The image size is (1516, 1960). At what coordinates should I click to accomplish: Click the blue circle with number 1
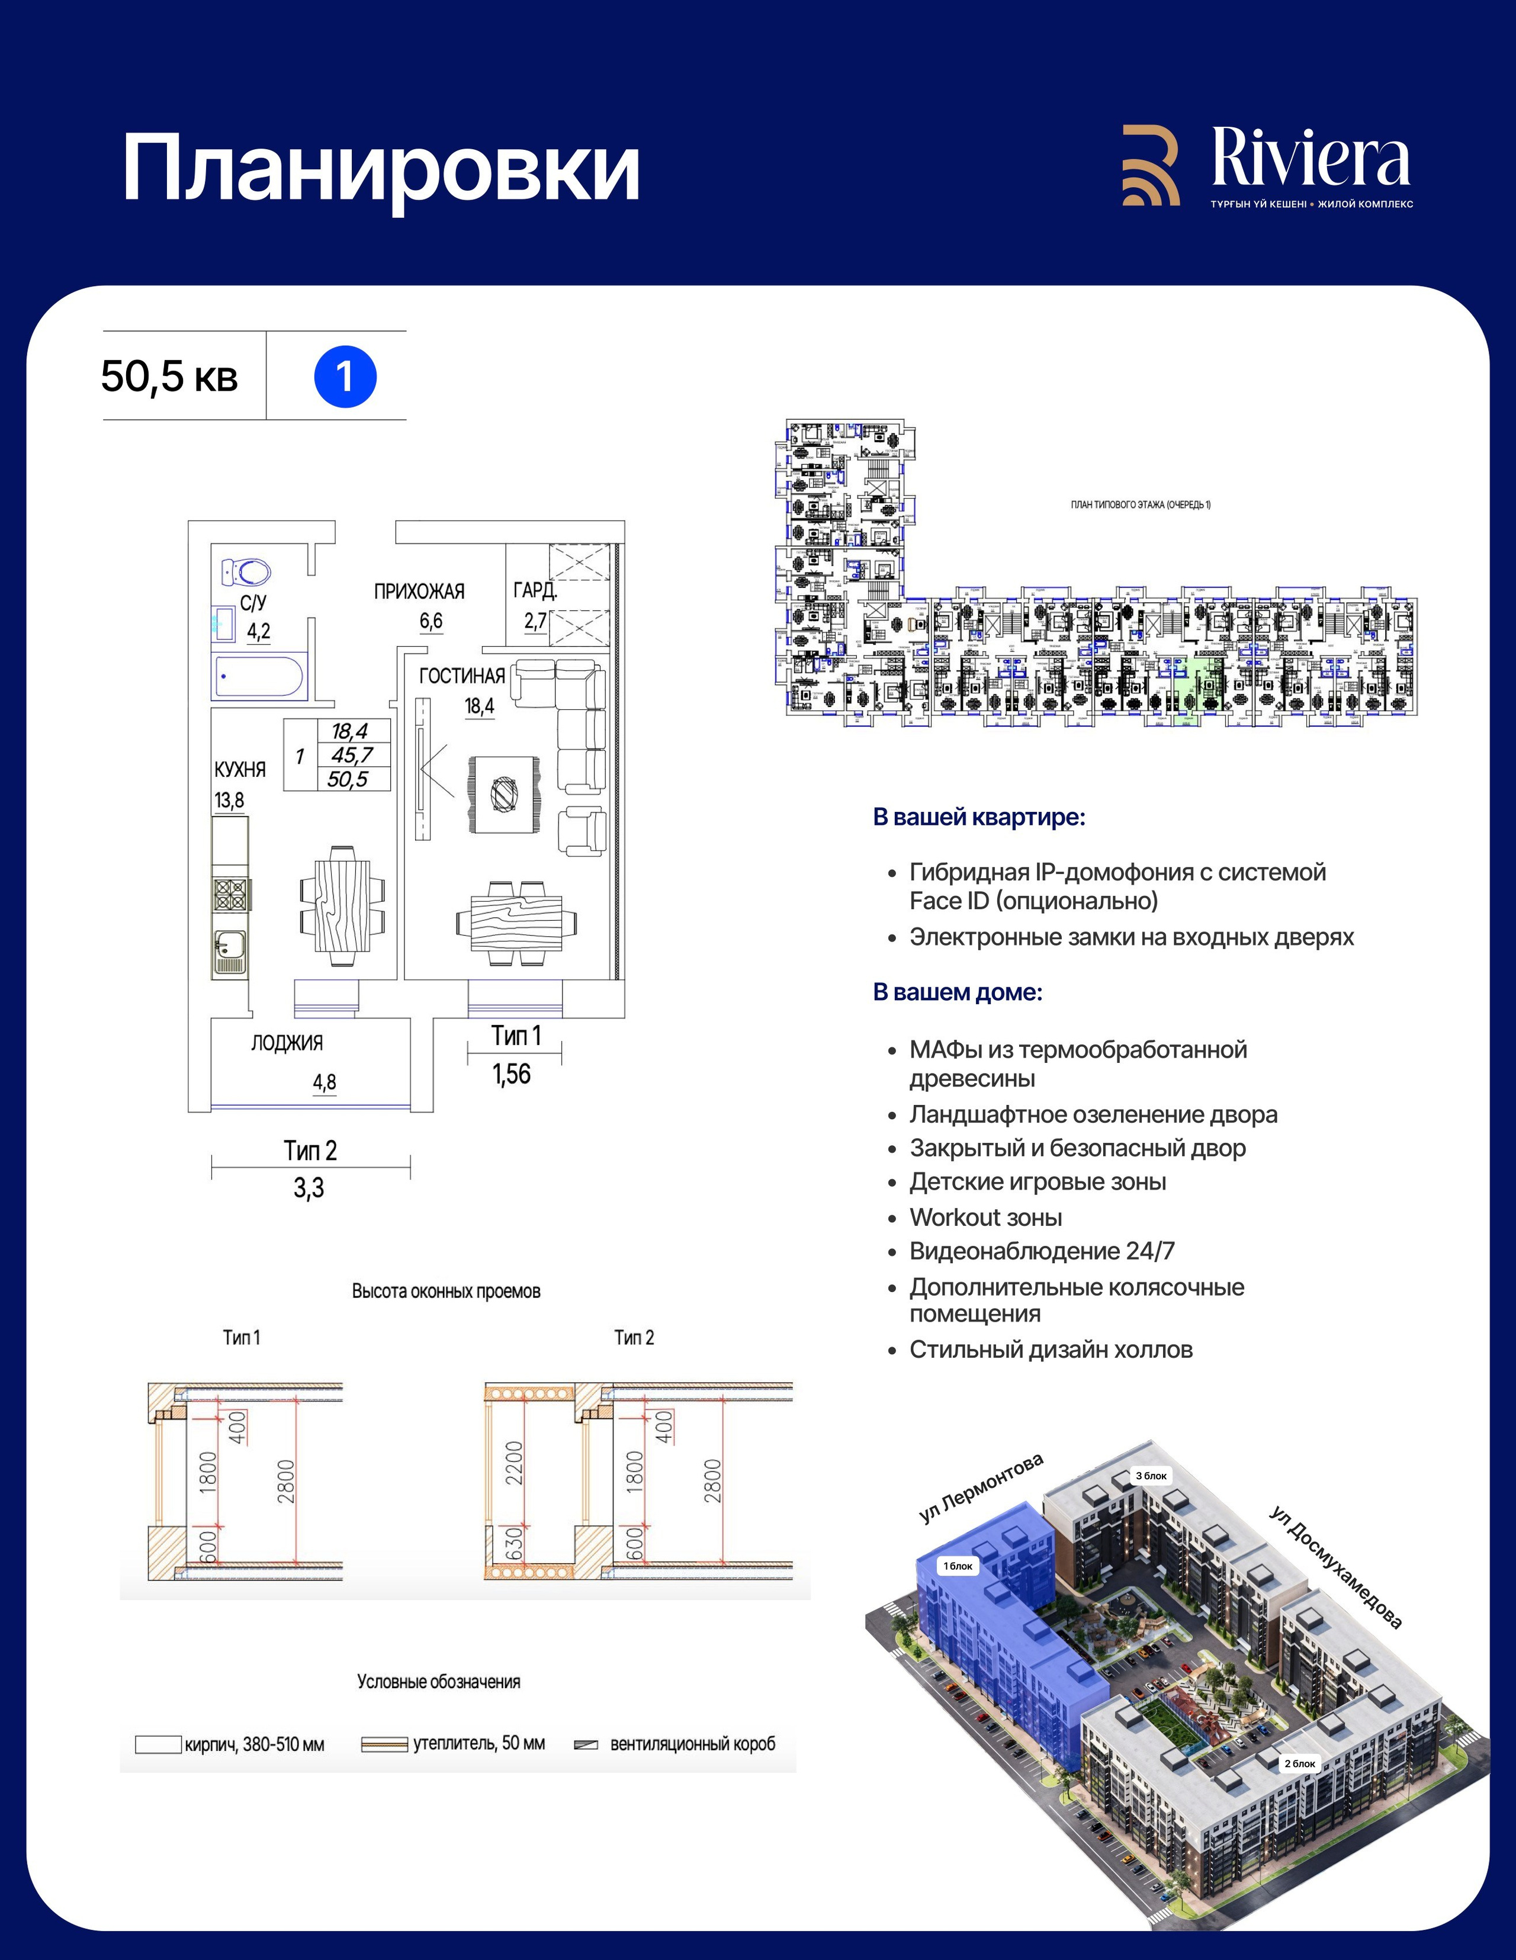[345, 377]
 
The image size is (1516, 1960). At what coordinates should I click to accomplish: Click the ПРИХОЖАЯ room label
[419, 592]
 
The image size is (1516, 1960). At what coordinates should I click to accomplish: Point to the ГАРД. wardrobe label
[535, 590]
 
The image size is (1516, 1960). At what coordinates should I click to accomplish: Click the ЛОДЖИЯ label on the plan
[287, 1043]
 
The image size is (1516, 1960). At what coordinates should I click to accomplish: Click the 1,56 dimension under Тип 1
[512, 1074]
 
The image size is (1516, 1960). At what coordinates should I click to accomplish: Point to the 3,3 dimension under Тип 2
[309, 1188]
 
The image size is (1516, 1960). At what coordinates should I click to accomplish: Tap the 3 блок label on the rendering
[1152, 1476]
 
